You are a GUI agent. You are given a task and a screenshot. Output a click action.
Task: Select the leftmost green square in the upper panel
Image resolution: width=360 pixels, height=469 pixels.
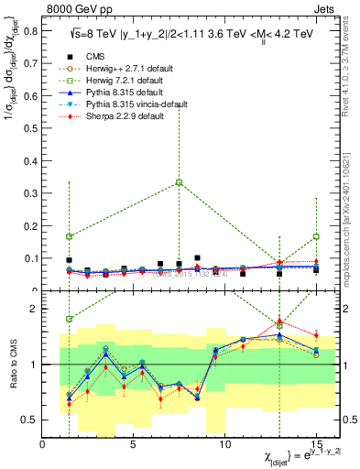point(70,236)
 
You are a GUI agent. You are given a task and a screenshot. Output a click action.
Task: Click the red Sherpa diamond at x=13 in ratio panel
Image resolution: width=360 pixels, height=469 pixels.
point(279,322)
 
